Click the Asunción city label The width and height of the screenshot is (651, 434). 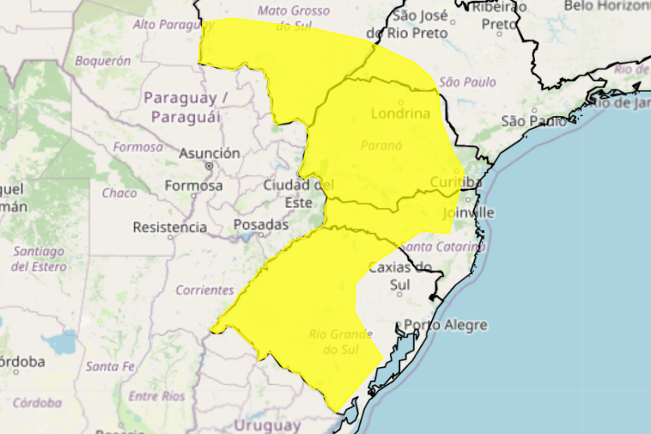(x=209, y=153)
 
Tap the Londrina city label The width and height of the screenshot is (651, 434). (x=400, y=113)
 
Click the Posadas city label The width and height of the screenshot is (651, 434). (x=261, y=224)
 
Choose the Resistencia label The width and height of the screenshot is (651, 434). (x=170, y=228)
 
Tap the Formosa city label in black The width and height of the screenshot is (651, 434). (x=193, y=186)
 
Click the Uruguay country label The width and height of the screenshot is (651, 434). (x=267, y=425)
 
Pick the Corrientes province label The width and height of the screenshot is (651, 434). (x=204, y=290)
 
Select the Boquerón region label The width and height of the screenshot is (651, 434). (x=103, y=60)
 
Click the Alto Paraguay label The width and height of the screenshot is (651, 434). (x=173, y=25)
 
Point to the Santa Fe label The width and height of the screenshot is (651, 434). (x=110, y=365)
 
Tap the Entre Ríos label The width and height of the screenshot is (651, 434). (x=156, y=397)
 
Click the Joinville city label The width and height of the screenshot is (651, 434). (x=468, y=213)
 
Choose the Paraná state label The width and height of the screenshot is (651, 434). (x=381, y=146)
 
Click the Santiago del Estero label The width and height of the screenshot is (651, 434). (x=38, y=259)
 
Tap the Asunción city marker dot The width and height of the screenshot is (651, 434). (x=209, y=166)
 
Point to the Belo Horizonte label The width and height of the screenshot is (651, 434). (x=607, y=6)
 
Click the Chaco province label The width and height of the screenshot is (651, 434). (x=119, y=192)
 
